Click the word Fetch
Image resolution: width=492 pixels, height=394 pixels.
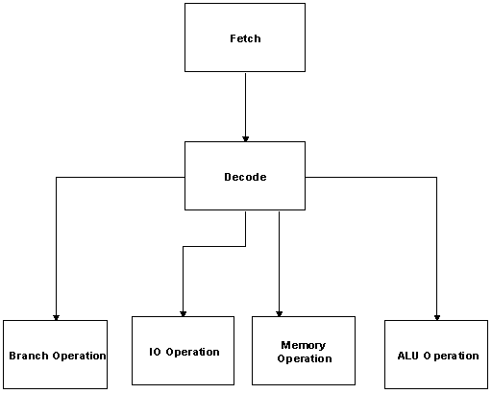[245, 38]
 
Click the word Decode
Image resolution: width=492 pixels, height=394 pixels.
[245, 177]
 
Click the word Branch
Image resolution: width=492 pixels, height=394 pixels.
[29, 356]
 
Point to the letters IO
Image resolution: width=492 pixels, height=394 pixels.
[155, 352]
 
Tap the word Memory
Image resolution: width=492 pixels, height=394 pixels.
[304, 345]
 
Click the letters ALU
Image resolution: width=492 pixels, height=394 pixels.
[408, 356]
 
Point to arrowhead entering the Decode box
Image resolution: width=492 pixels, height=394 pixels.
[245, 139]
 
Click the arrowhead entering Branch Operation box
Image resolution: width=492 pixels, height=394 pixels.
[56, 317]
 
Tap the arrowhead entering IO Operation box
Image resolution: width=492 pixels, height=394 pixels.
[183, 314]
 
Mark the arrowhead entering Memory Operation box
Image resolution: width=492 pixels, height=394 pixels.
[279, 314]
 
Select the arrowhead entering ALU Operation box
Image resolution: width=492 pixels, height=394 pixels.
[437, 317]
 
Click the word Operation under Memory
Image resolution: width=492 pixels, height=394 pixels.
[305, 358]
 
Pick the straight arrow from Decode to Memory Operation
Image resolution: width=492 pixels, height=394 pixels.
[279, 264]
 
